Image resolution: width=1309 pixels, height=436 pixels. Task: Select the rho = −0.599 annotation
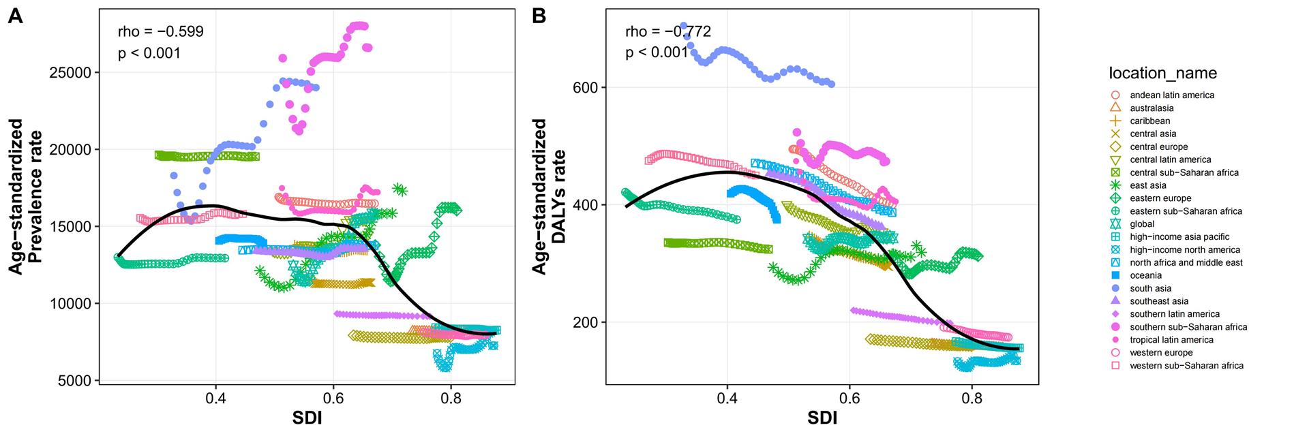point(161,31)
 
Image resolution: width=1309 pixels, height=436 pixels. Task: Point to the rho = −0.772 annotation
point(668,31)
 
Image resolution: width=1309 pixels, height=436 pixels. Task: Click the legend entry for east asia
point(1147,185)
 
